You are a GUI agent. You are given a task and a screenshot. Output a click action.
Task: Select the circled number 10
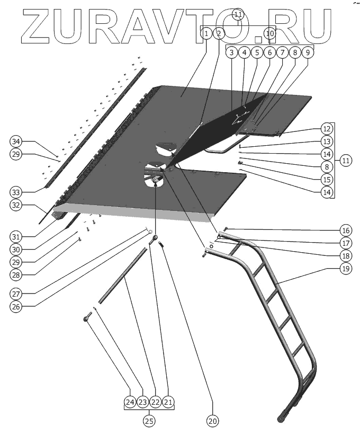click(270, 33)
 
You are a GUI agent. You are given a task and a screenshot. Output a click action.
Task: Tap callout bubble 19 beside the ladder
click(346, 269)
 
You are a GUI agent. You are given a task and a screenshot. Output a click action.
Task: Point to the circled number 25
click(149, 421)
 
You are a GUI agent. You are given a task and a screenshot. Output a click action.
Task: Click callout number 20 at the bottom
click(212, 421)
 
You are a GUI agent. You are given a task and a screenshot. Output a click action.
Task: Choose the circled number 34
click(17, 142)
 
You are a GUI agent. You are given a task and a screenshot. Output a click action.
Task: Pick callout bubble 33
click(17, 191)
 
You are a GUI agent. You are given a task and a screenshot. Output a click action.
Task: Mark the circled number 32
click(17, 204)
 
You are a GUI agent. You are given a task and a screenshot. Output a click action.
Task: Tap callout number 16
click(346, 230)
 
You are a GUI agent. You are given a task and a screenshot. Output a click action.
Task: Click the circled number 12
click(327, 129)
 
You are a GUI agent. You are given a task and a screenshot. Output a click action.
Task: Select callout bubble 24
click(130, 403)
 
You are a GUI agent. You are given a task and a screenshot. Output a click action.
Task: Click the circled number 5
click(257, 52)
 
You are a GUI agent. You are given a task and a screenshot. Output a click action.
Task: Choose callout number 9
click(308, 52)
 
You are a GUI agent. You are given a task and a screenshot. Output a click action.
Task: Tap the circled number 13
click(327, 141)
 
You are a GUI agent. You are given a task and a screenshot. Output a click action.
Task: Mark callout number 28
click(17, 276)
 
